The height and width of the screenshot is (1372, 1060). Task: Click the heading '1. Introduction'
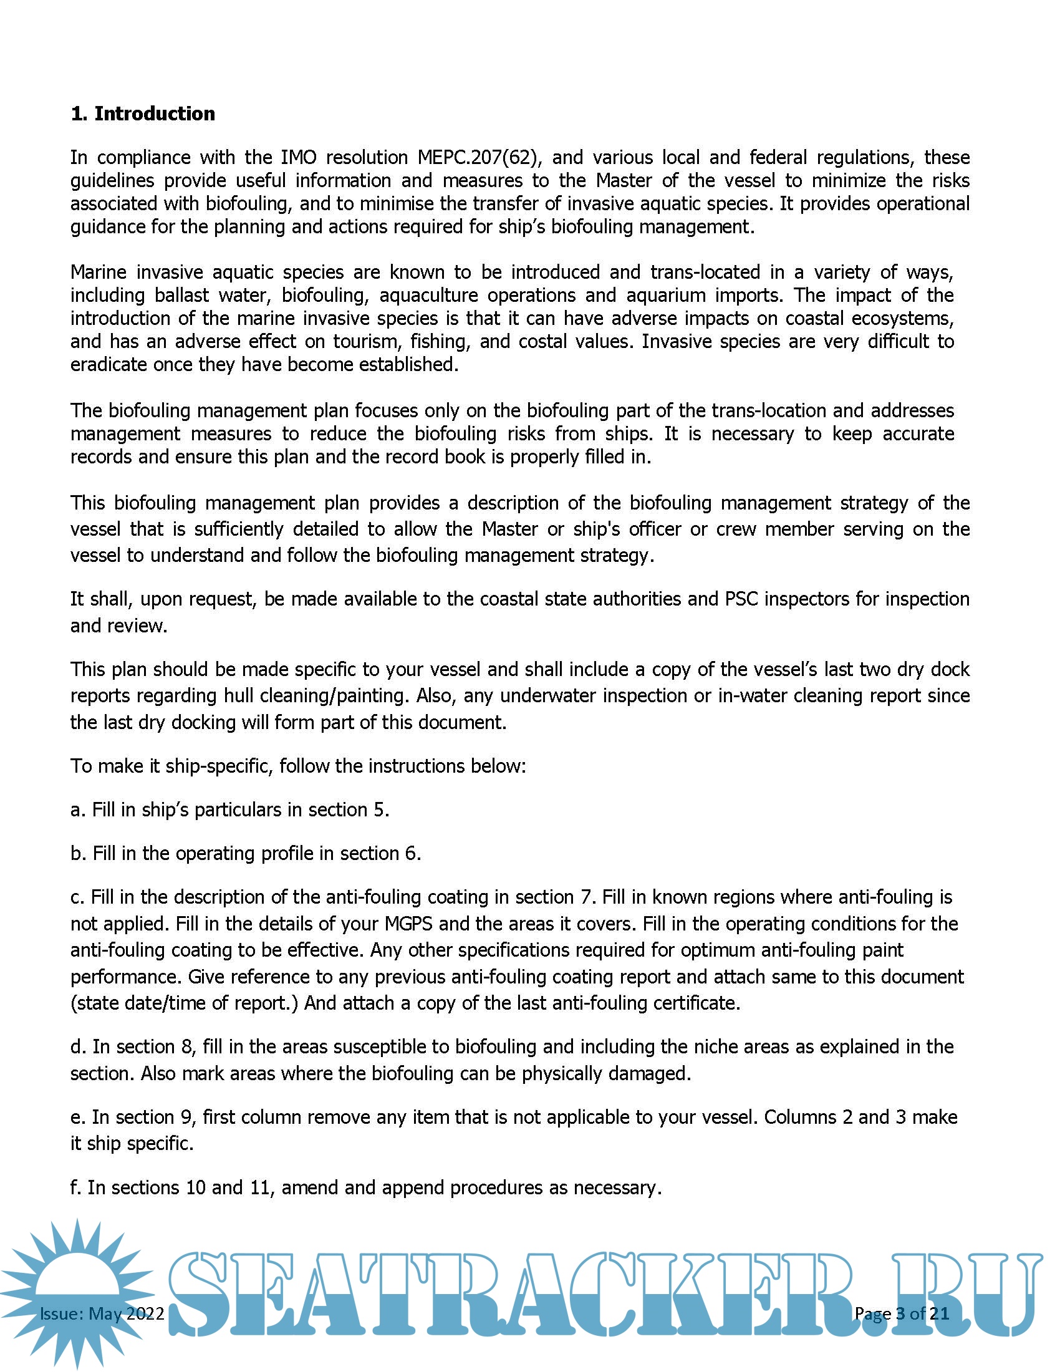pyautogui.click(x=143, y=114)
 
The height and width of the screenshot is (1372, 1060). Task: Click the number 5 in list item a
pyautogui.click(x=379, y=809)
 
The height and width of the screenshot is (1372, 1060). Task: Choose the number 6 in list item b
pyautogui.click(x=411, y=853)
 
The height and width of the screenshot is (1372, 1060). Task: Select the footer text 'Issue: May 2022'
pyautogui.click(x=102, y=1313)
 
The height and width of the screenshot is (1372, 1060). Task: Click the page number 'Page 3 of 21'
pyautogui.click(x=901, y=1313)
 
